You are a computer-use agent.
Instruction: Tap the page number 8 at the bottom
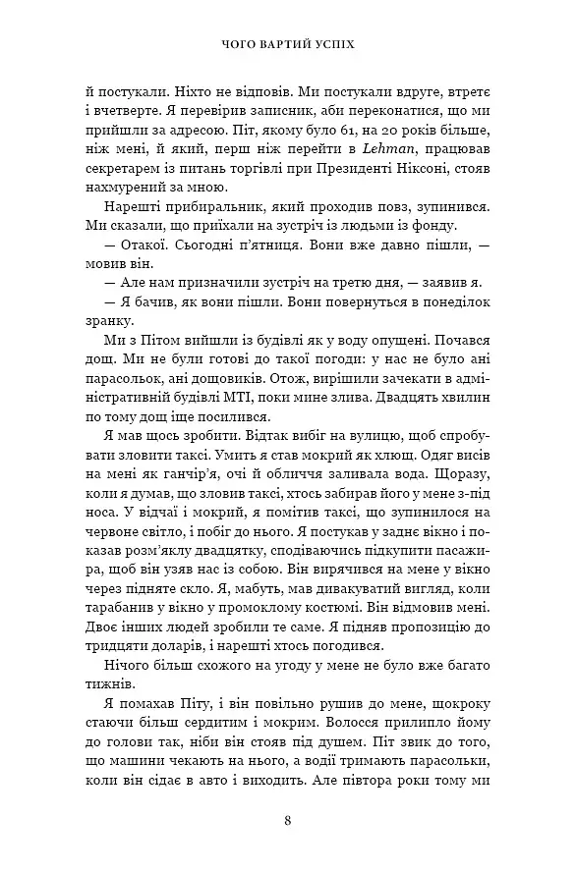[287, 821]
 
